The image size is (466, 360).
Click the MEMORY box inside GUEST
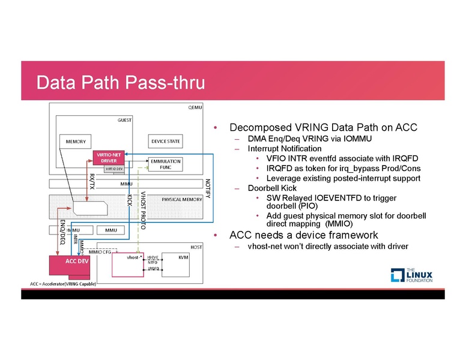point(76,142)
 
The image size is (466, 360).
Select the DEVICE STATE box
point(165,142)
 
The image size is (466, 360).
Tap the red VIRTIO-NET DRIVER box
point(109,158)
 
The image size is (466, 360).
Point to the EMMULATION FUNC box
point(166,164)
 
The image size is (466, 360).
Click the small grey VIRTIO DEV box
point(113,169)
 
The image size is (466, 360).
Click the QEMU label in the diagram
point(196,107)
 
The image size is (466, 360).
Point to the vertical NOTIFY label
point(208,190)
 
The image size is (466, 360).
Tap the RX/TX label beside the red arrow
point(92,180)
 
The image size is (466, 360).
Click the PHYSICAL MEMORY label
point(182,199)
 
